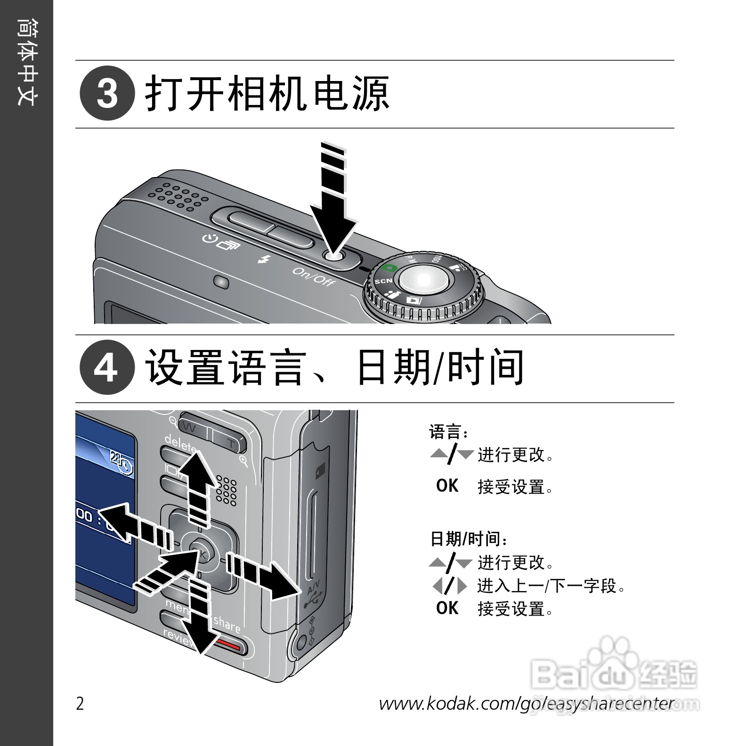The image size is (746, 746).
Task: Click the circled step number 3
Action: [x=107, y=93]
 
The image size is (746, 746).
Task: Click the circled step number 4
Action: [x=107, y=367]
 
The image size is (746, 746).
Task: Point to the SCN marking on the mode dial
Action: [x=383, y=281]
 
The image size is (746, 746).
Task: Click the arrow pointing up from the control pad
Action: [x=197, y=485]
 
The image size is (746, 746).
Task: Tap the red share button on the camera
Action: [x=230, y=646]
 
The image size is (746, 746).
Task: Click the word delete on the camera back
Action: [x=180, y=443]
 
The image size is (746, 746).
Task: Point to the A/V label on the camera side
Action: [x=313, y=587]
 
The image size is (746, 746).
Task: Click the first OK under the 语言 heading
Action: [x=447, y=486]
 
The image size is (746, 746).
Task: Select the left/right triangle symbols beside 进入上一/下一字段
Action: [x=450, y=586]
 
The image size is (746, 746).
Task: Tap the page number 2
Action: [x=80, y=704]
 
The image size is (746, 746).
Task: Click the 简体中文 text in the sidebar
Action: [x=26, y=61]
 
